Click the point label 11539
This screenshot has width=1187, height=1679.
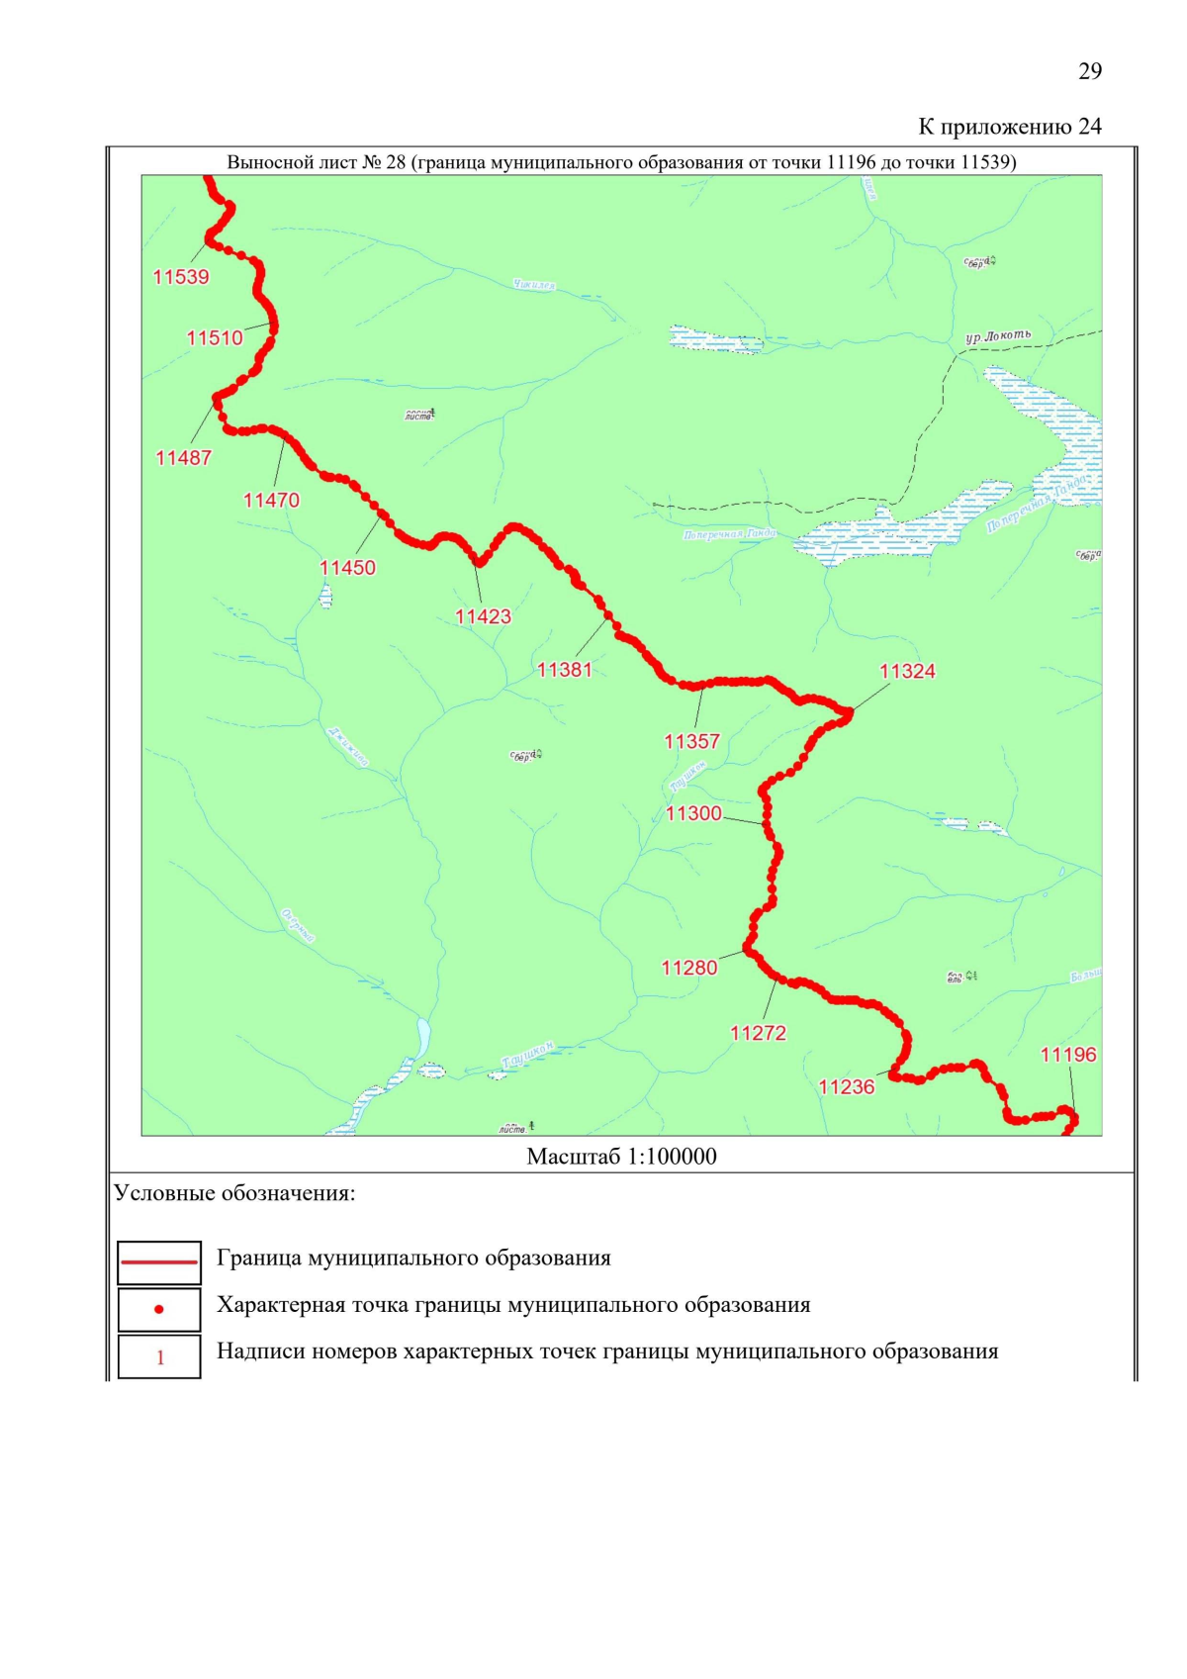coord(181,277)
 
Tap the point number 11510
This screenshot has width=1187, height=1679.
coord(215,338)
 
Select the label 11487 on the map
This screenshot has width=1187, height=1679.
coord(183,458)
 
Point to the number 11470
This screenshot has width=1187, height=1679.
coord(271,501)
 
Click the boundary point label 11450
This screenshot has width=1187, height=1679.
coord(347,568)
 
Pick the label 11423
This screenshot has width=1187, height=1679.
coord(483,616)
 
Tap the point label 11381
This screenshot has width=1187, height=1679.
coord(564,670)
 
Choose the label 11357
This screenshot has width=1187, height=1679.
coord(691,741)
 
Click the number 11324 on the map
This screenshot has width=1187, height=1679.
coord(907,672)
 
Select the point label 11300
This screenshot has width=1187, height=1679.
coord(693,813)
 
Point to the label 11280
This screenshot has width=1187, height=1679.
coord(689,968)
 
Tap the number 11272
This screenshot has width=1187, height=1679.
coord(758,1033)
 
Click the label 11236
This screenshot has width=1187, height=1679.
coord(847,1087)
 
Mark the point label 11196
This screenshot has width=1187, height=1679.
coord(1068,1055)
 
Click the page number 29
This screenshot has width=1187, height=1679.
coord(1090,71)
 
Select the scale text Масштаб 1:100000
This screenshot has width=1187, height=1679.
coord(621,1157)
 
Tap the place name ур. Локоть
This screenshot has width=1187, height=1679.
coord(998,336)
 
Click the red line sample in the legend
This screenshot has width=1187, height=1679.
coord(159,1262)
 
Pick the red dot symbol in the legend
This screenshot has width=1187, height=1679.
coord(159,1309)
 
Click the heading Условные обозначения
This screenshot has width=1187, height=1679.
coord(234,1193)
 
